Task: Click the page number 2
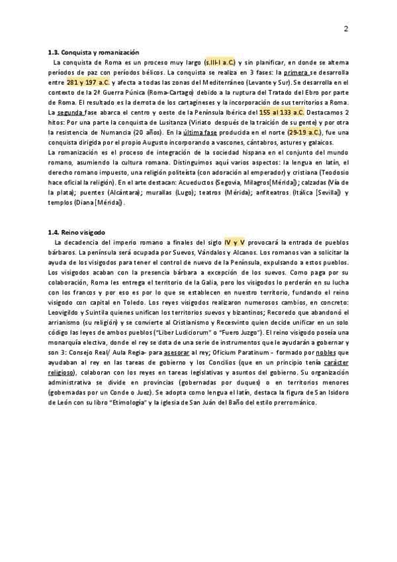pyautogui.click(x=346, y=28)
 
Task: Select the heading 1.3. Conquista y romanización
pyautogui.click(x=93, y=52)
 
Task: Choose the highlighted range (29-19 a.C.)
pyautogui.click(x=300, y=133)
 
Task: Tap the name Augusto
pyautogui.click(x=168, y=143)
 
